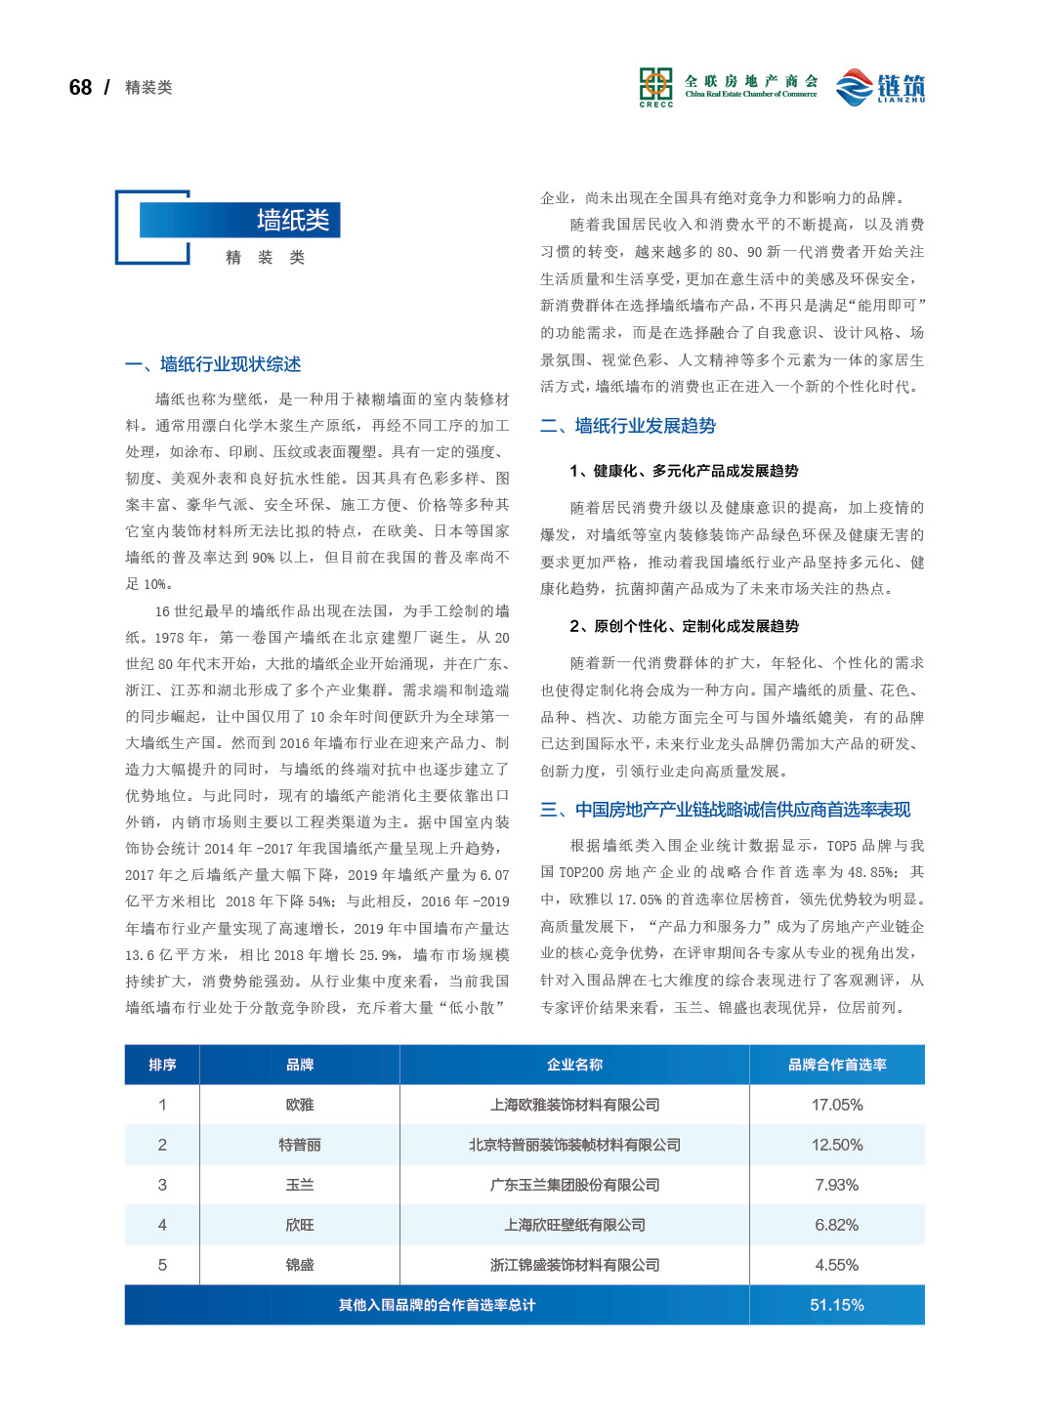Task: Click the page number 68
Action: (80, 88)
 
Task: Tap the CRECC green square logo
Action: (655, 85)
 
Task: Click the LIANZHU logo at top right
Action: (880, 87)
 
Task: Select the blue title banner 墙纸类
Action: (239, 220)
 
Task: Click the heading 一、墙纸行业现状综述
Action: (213, 364)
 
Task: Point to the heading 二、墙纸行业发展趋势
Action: (628, 426)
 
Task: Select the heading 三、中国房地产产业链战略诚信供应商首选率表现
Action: (725, 810)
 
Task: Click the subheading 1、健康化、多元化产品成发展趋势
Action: (684, 471)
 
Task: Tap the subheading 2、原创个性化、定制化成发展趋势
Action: (684, 626)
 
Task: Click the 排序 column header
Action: (162, 1065)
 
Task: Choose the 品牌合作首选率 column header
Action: (837, 1065)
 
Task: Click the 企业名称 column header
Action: (574, 1065)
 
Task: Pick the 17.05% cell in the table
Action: (837, 1105)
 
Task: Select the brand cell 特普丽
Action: (300, 1145)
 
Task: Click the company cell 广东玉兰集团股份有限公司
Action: (574, 1185)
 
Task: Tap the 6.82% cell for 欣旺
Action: (837, 1225)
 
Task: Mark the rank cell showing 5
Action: (162, 1265)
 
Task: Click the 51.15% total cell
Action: (837, 1305)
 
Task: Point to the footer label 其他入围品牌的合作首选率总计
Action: (437, 1305)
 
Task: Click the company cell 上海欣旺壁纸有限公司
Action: (574, 1225)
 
